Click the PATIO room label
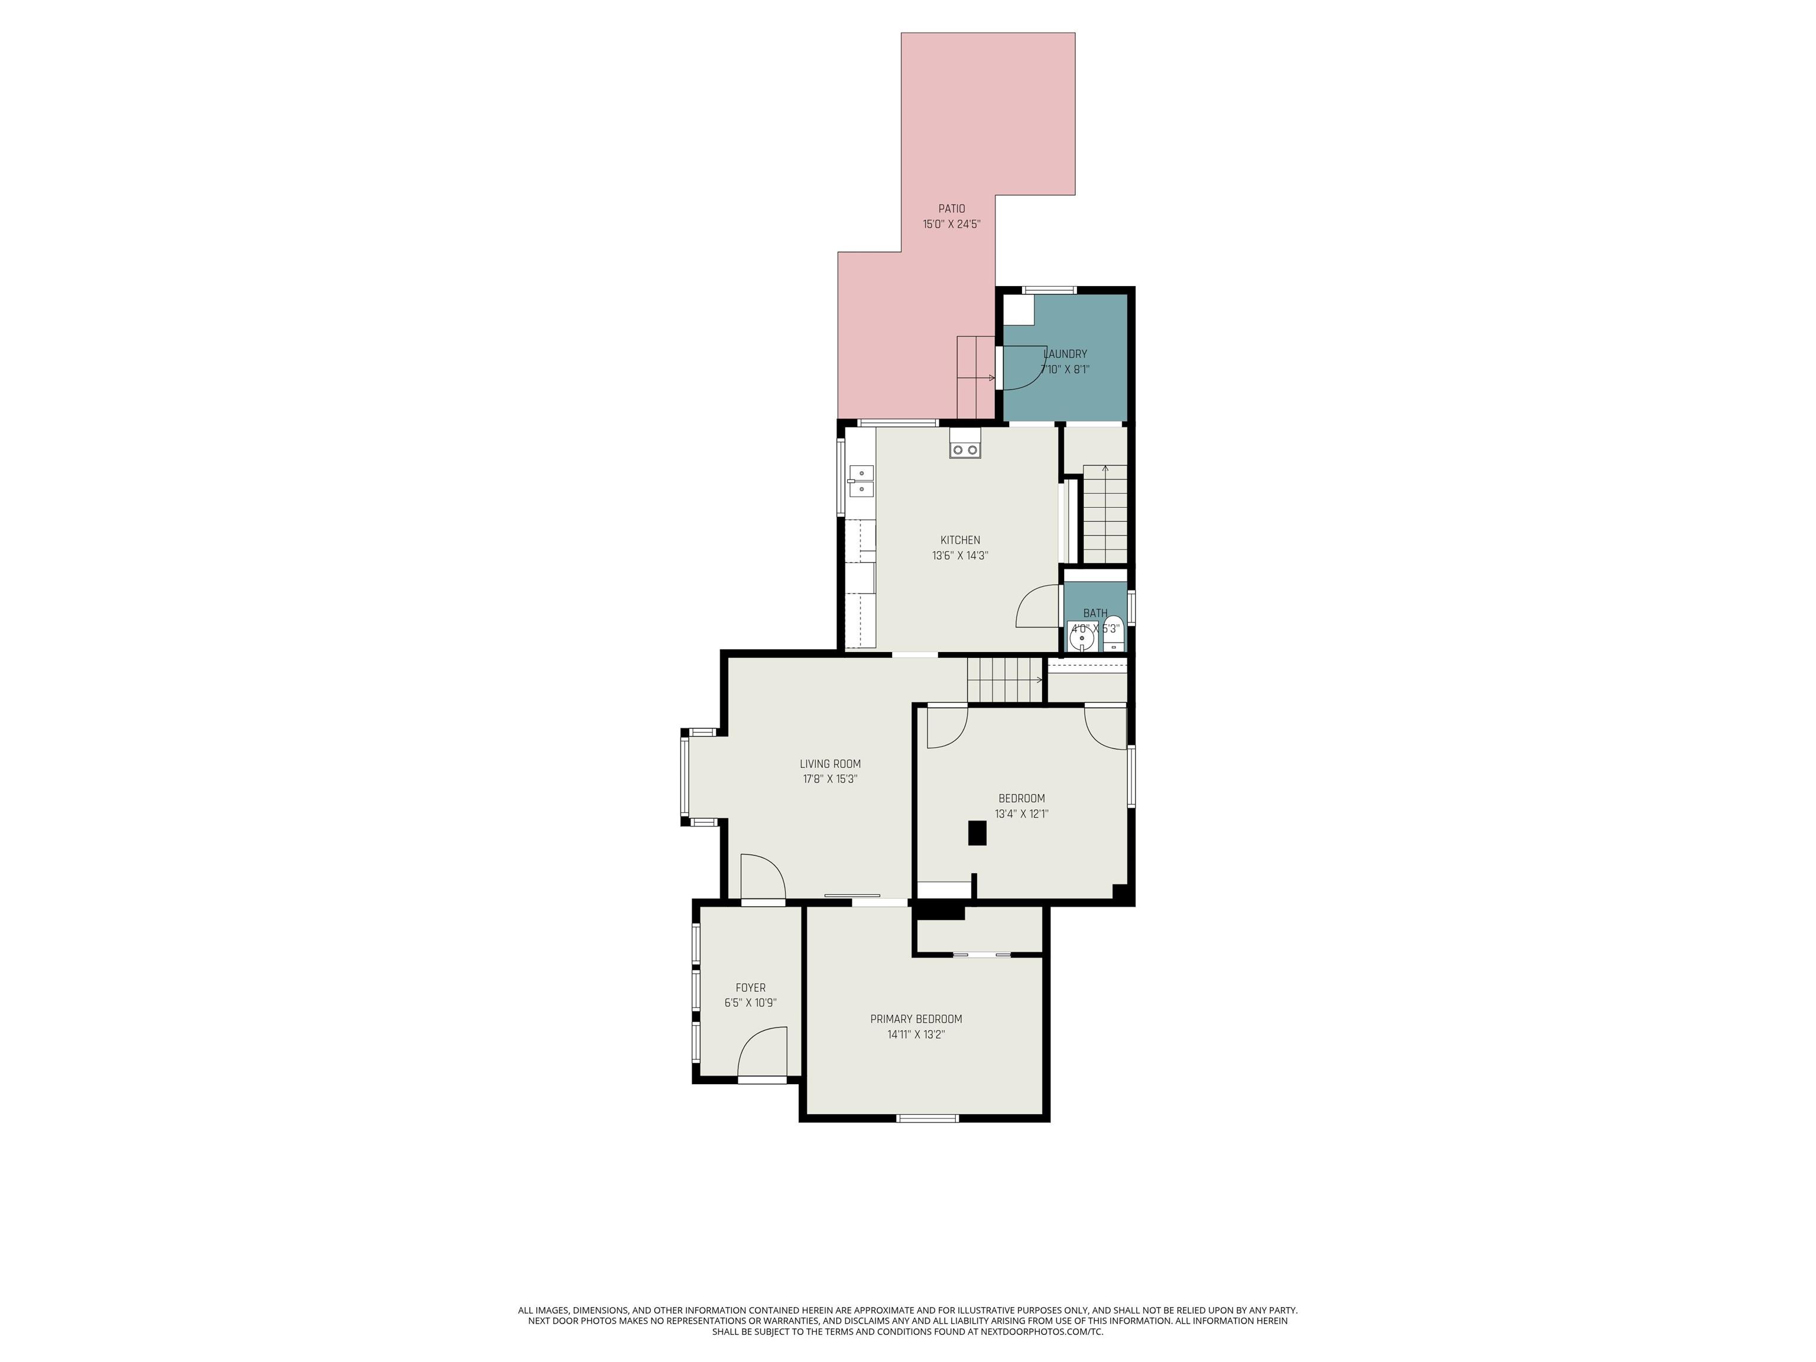coord(952,209)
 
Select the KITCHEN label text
coord(959,540)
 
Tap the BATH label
coord(1095,613)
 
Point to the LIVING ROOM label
coord(830,764)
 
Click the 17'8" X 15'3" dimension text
coord(830,779)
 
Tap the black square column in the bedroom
coord(977,834)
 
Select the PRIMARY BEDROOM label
coord(916,1019)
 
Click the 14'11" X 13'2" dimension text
coord(916,1035)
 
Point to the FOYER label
coord(750,988)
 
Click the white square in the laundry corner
coord(1019,310)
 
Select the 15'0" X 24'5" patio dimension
coord(952,224)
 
